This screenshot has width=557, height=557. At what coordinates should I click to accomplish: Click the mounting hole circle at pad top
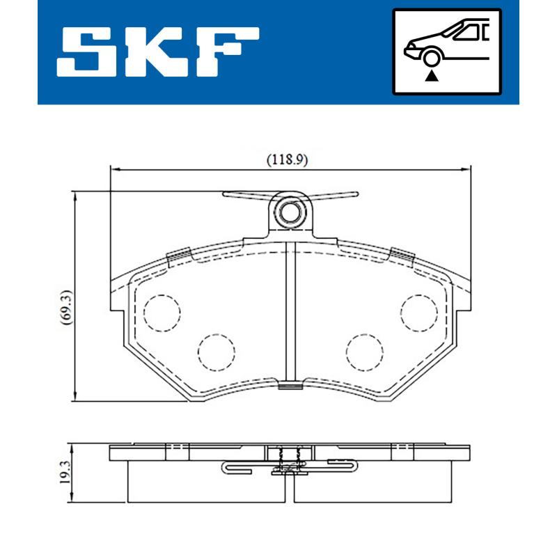click(291, 210)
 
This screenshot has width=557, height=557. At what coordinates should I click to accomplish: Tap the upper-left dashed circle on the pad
click(162, 312)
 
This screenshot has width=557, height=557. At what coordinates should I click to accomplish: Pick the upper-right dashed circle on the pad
click(419, 312)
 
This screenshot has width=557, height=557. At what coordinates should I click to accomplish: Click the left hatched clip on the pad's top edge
click(180, 256)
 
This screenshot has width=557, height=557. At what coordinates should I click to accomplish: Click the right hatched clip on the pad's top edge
click(402, 255)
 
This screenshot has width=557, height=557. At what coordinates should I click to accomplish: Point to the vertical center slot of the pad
click(291, 313)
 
